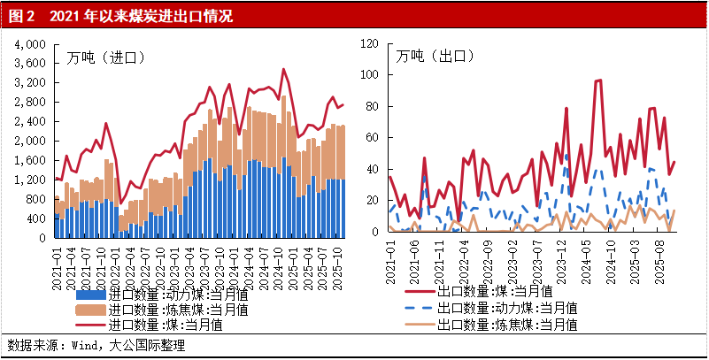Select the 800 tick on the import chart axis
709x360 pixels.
35,199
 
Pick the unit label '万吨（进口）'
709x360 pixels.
105,57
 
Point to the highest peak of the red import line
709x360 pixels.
283,69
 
